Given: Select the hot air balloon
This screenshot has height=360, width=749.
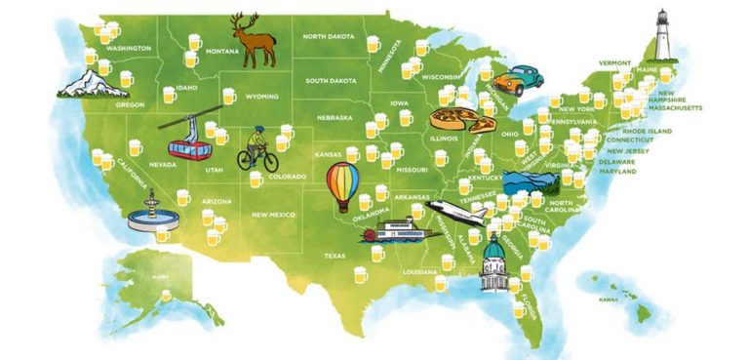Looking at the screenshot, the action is (341, 185).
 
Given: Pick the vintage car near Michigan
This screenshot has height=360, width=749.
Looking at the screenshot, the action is (513, 81).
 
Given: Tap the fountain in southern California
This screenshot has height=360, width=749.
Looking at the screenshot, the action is (152, 211).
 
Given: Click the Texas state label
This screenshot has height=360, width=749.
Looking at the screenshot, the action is (335, 256).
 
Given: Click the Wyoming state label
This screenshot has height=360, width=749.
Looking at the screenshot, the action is (261, 97).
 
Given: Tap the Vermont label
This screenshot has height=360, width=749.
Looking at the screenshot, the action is (615, 61).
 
